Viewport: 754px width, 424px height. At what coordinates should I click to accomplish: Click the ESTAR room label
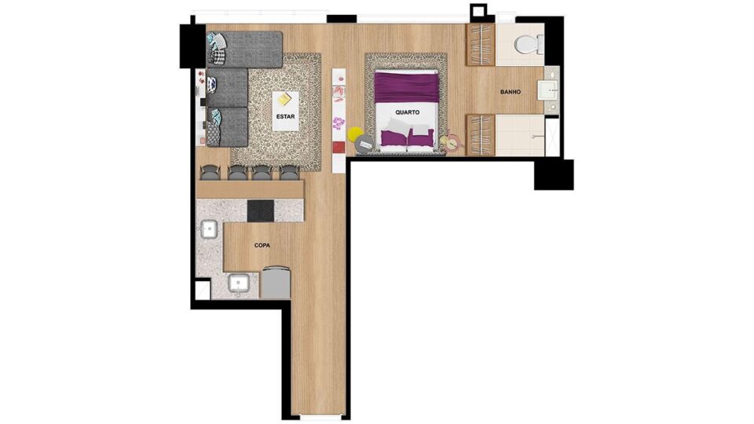point(285,116)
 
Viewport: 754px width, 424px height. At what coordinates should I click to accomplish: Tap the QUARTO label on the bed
point(408,112)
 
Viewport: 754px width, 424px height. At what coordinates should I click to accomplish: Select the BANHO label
point(511,92)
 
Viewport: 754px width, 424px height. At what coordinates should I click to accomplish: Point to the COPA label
point(262,245)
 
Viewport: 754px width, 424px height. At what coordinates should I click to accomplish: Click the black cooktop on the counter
point(261,211)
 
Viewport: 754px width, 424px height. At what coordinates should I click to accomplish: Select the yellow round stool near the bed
point(355,133)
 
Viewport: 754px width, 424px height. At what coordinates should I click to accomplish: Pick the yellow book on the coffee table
point(284,99)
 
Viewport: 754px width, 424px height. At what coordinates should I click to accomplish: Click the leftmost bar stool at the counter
point(210,172)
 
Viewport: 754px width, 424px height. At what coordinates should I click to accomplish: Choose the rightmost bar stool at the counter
point(290,172)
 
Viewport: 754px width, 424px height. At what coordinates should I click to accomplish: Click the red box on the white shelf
point(339,148)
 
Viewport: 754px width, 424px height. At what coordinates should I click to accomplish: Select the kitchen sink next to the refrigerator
point(238,283)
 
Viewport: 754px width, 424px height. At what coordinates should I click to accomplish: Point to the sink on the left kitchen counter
point(208,229)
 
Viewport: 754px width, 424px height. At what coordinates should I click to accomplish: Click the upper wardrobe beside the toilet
point(481,45)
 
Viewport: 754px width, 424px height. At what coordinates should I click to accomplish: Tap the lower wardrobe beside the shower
point(481,135)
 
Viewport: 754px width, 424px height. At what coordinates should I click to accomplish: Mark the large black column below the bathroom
point(554,174)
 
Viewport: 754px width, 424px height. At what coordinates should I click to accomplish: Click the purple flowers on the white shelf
point(339,122)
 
